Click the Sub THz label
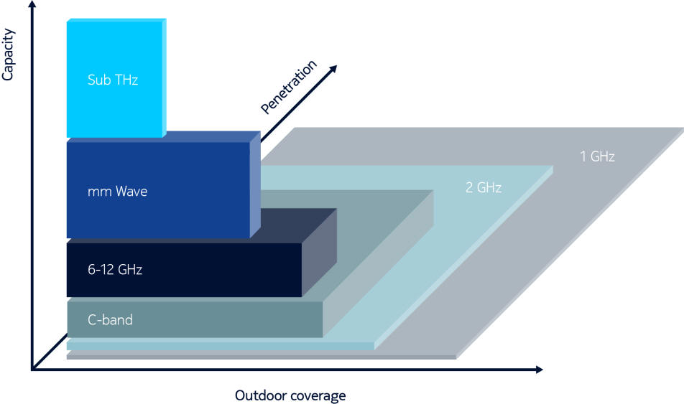tap(112, 80)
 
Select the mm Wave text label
tap(117, 192)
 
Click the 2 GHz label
tap(484, 188)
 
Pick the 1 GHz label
tap(597, 156)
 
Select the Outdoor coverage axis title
tap(290, 395)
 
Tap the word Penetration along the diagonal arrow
tap(288, 88)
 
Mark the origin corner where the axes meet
tap(32, 370)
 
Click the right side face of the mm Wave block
tap(255, 185)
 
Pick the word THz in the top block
tap(125, 80)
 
